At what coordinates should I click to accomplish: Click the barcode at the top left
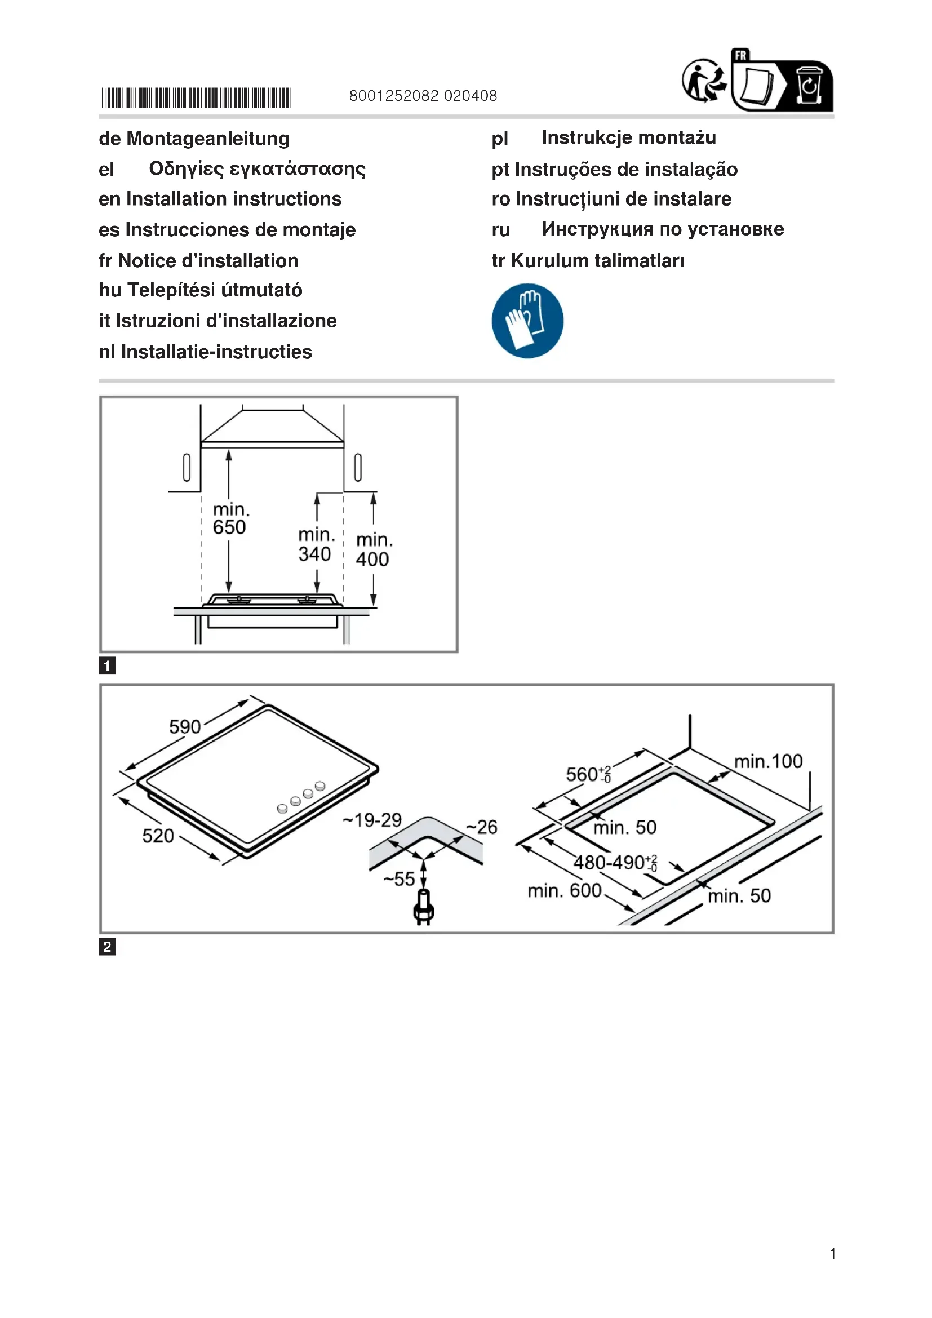click(x=196, y=97)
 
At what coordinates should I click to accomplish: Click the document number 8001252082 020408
click(x=423, y=96)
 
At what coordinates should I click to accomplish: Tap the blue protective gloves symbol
click(x=527, y=320)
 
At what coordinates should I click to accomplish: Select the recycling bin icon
click(x=809, y=86)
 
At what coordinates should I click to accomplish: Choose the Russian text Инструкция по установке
click(x=662, y=229)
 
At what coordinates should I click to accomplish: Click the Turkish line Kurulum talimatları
click(x=597, y=261)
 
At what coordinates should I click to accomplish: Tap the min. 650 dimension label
click(x=230, y=519)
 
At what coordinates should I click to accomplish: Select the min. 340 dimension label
click(x=316, y=545)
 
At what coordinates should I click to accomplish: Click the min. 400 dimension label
click(x=374, y=550)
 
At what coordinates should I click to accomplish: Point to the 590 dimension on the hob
click(x=185, y=727)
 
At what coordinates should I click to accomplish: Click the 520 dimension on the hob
click(x=158, y=836)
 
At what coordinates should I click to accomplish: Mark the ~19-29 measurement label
click(x=372, y=820)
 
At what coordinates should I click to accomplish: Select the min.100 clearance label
click(x=768, y=761)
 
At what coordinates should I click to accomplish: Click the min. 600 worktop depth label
click(x=564, y=891)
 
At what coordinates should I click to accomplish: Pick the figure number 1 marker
click(x=107, y=666)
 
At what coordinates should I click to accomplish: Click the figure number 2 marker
click(x=107, y=947)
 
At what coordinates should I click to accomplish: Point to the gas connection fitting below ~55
click(x=424, y=908)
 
